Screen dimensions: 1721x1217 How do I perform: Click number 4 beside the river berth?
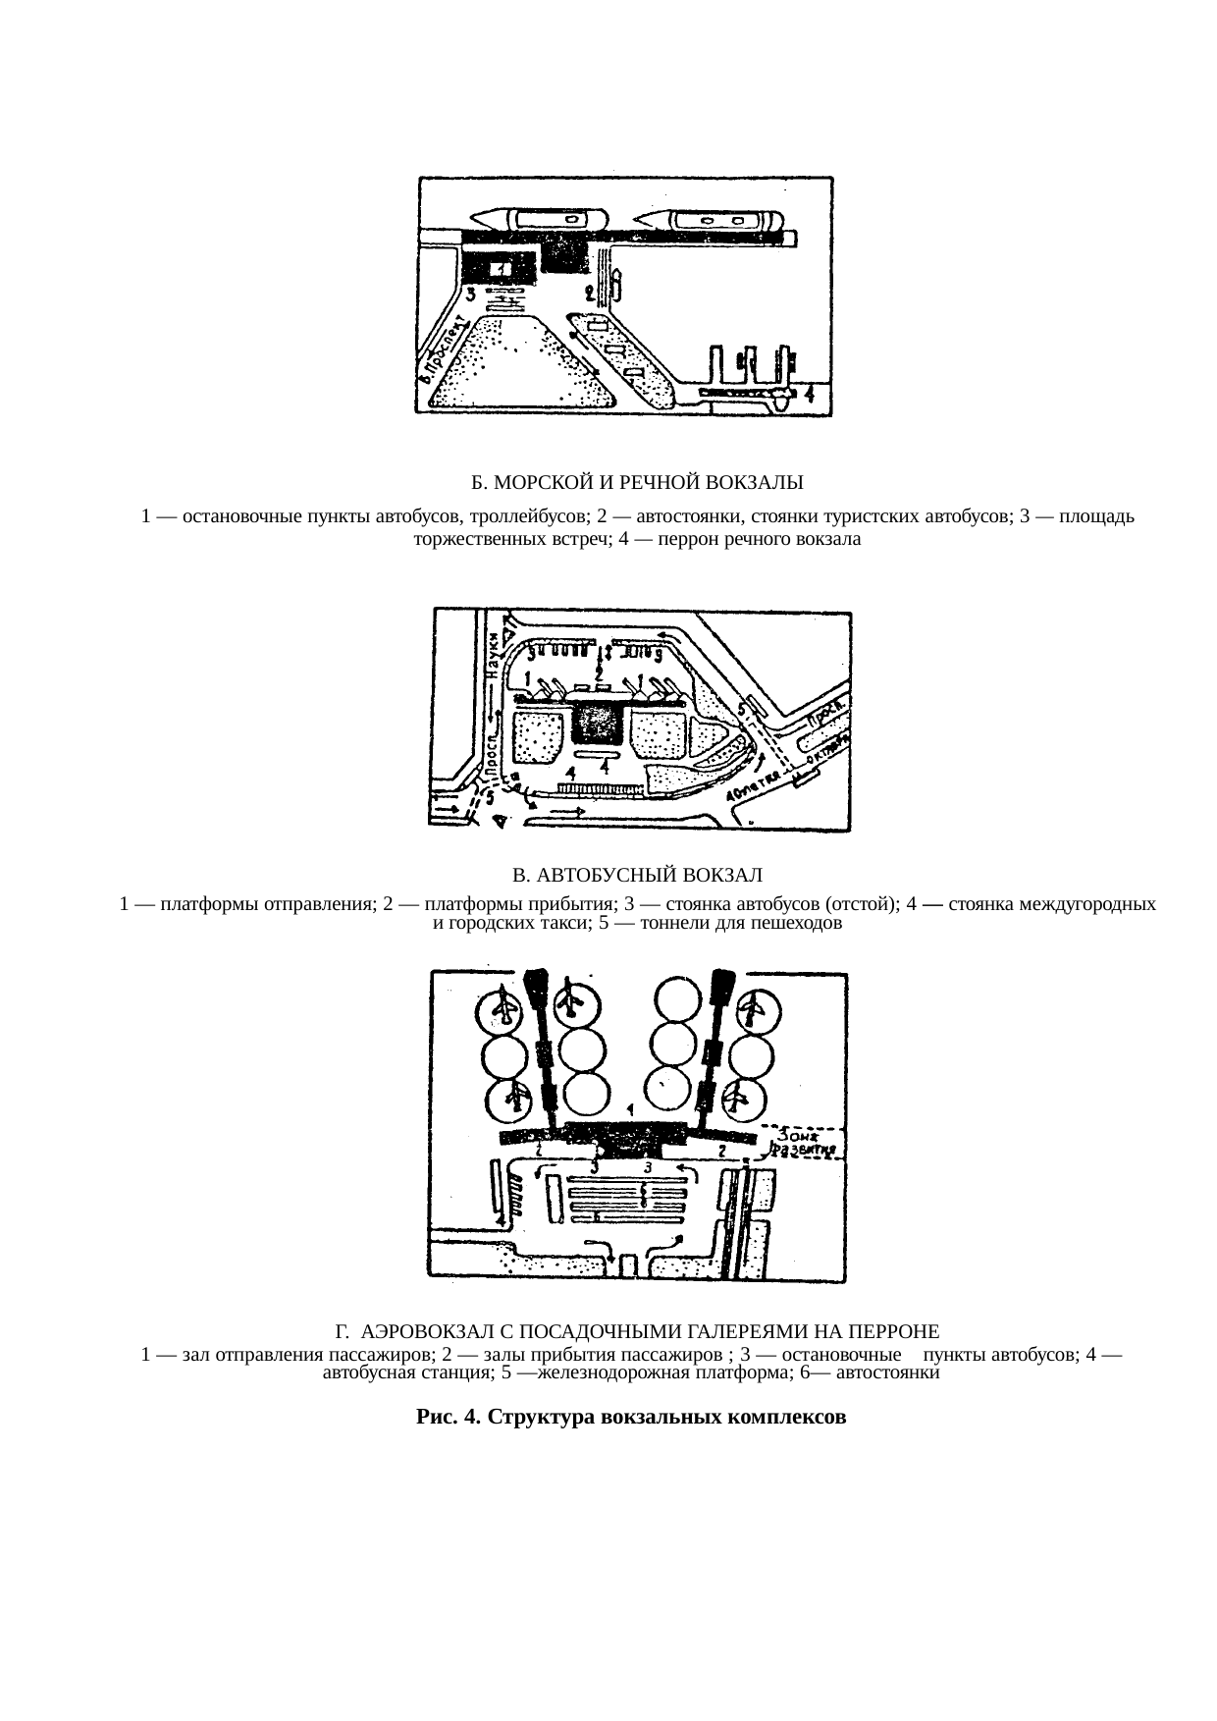pyautogui.click(x=810, y=395)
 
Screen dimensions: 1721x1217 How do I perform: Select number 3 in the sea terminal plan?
pyautogui.click(x=471, y=294)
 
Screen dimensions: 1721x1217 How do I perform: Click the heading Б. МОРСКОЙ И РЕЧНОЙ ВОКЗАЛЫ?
pyautogui.click(x=637, y=483)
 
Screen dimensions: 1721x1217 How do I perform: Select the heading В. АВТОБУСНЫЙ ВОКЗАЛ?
pyautogui.click(x=637, y=874)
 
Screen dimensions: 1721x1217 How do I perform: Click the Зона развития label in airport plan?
pyautogui.click(x=805, y=1141)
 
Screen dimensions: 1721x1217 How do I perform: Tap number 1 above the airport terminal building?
pyautogui.click(x=629, y=1108)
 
